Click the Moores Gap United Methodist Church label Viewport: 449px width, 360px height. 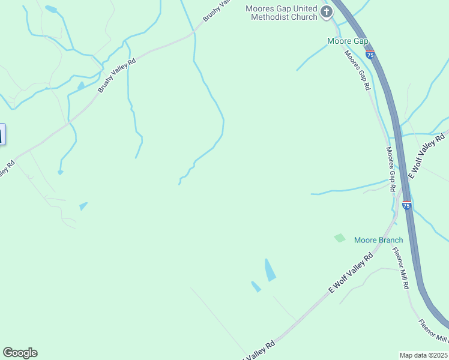tap(281, 13)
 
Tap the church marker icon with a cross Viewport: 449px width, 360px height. tap(327, 12)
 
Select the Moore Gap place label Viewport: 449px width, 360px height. tap(347, 41)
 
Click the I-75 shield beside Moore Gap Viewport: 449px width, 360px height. tap(370, 54)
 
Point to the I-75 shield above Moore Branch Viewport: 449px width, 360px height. tap(407, 205)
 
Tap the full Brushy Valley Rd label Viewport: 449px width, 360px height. tap(117, 76)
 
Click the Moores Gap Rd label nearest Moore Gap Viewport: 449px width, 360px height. tap(357, 70)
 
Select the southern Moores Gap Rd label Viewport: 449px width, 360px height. tap(391, 169)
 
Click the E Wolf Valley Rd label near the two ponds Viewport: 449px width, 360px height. tap(351, 273)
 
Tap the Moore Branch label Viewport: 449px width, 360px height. tap(378, 240)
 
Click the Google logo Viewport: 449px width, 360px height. tap(20, 353)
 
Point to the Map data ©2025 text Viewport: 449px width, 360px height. tap(424, 355)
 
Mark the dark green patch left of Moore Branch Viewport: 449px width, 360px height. tap(340, 238)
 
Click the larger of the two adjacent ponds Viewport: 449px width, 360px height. tap(270, 270)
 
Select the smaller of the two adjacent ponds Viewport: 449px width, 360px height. tap(256, 287)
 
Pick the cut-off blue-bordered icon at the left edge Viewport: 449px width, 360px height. tap(2, 133)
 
